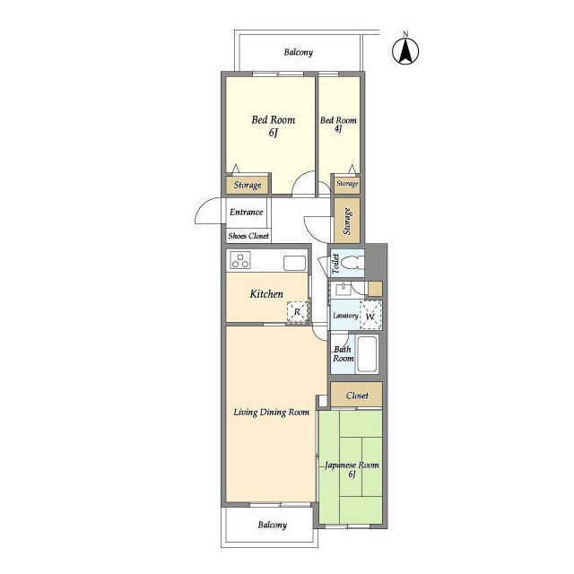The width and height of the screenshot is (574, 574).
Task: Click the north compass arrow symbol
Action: coord(405,51)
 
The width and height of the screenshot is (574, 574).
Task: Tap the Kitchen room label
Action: coord(266,294)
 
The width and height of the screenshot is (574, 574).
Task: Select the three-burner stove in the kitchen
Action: coord(240,260)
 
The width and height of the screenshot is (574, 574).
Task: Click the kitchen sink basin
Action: coord(295,263)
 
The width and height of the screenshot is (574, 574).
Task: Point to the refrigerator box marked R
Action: coord(297,312)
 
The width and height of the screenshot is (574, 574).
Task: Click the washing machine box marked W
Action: coord(370,316)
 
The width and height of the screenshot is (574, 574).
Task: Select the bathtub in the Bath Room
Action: coord(367,353)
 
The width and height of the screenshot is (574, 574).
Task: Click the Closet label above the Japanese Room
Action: coord(357,396)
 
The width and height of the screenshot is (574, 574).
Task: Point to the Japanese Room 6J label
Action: coord(352,469)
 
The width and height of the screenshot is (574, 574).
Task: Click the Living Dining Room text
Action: coord(271,413)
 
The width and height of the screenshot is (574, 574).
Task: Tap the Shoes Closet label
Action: coord(248,236)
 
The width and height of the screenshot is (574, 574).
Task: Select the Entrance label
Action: coord(246,212)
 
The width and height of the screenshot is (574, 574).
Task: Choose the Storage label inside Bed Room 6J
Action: coord(248,185)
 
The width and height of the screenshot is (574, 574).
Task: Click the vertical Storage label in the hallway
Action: coord(347,222)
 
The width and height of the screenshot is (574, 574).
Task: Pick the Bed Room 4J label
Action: coord(338,124)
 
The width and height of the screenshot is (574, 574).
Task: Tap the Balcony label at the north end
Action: coord(299,52)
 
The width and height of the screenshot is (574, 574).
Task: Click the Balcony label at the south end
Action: coord(272,525)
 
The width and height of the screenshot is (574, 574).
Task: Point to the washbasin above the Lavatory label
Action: coord(343,290)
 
